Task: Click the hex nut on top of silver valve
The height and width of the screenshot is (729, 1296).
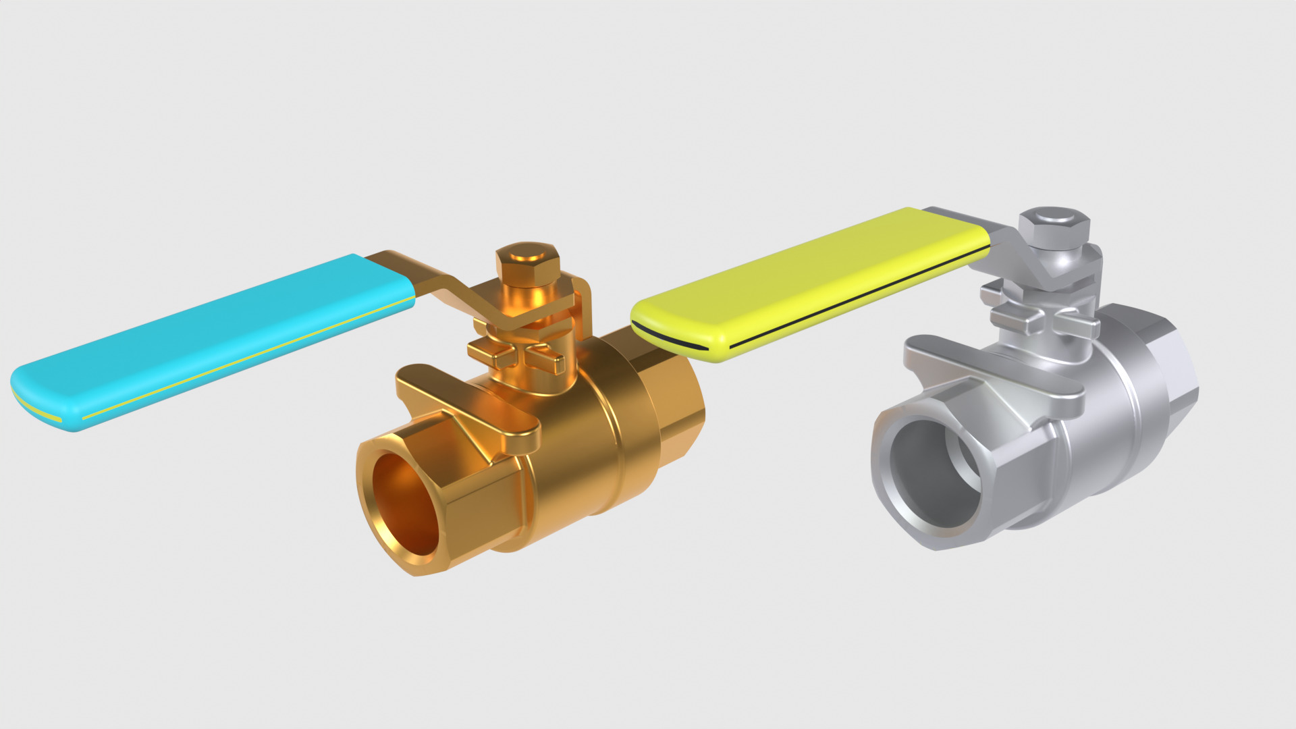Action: pos(1054,223)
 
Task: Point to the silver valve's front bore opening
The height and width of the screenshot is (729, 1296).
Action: pos(935,473)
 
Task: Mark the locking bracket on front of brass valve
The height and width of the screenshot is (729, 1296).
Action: pos(473,405)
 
